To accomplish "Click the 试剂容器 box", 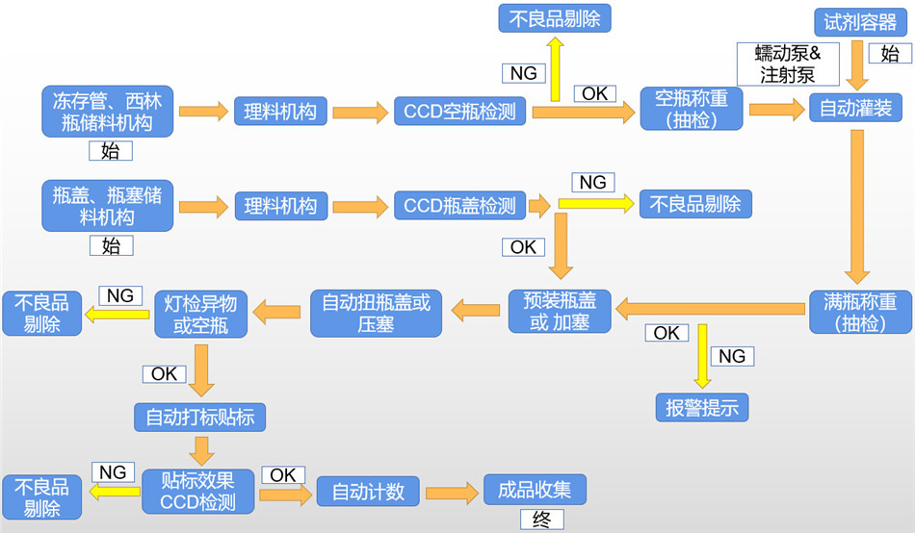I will (x=860, y=21).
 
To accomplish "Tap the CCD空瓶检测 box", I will (x=458, y=111).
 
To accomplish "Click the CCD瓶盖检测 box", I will (x=458, y=205).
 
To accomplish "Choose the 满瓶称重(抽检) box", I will (x=859, y=312).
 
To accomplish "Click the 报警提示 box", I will (x=701, y=407).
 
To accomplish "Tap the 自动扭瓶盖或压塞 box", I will (x=376, y=313).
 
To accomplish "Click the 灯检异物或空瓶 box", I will (x=200, y=314).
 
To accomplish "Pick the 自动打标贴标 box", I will (x=199, y=417).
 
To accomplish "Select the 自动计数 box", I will (x=368, y=492).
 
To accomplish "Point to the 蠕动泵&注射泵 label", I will (x=788, y=63).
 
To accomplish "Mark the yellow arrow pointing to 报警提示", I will (x=702, y=355).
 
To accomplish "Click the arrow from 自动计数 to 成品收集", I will (x=452, y=493).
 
